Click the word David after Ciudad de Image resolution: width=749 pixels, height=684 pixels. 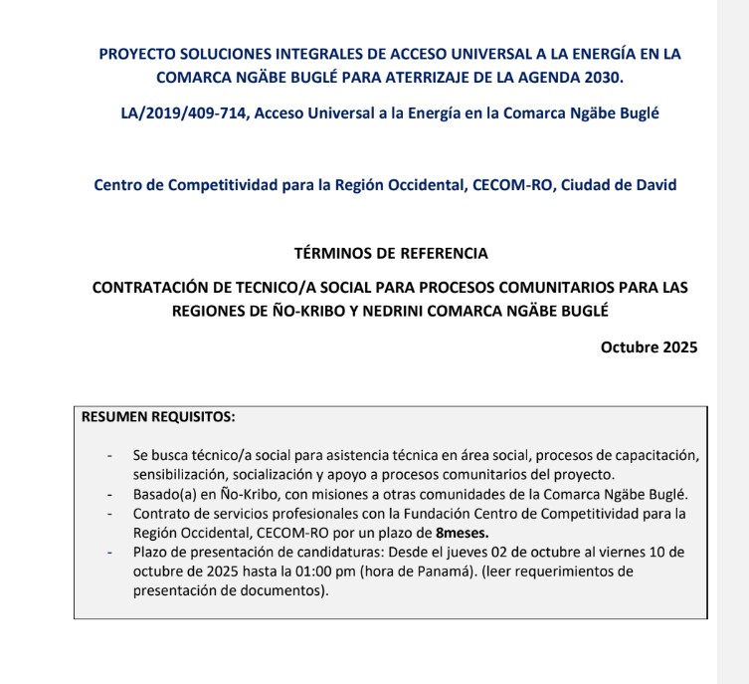click(656, 184)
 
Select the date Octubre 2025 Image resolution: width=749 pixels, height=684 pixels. click(649, 347)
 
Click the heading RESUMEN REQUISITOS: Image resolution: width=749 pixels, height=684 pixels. click(157, 416)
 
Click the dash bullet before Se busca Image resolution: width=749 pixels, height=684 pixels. click(109, 455)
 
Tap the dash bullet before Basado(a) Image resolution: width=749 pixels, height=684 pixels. click(109, 494)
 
